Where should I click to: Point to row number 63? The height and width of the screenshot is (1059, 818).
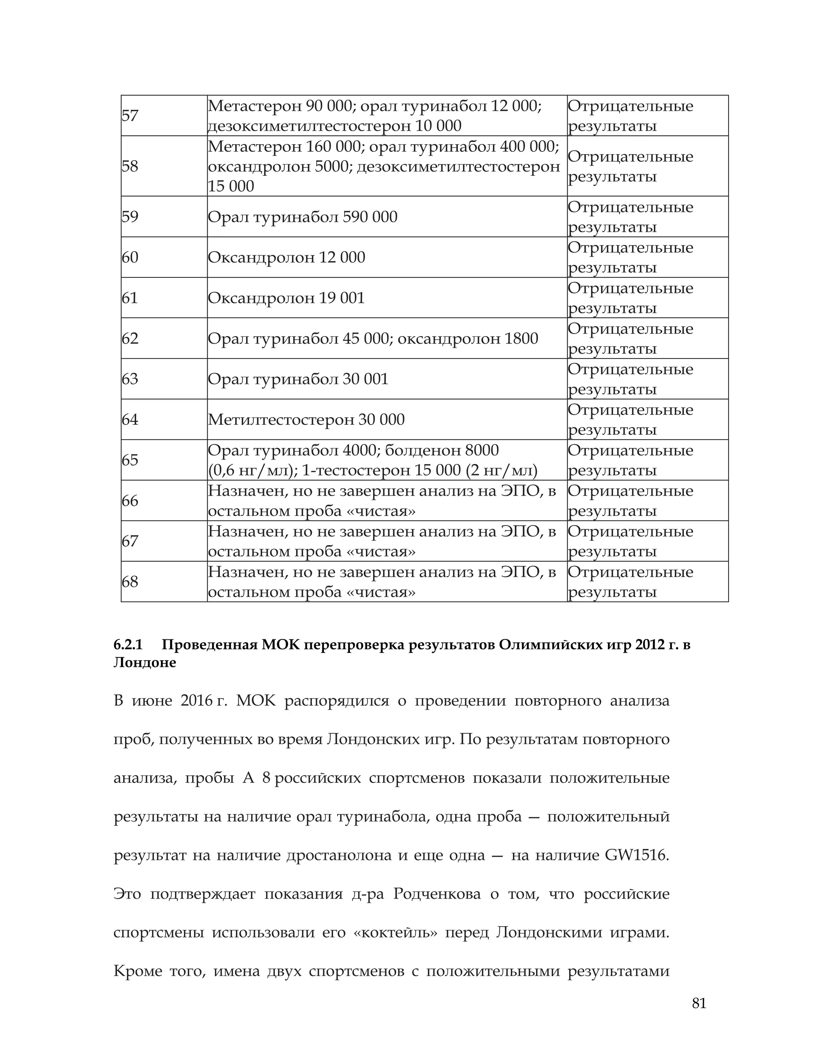click(x=130, y=379)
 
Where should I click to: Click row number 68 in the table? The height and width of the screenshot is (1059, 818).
click(x=130, y=581)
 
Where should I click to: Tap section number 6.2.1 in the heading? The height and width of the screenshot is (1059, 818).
click(x=128, y=645)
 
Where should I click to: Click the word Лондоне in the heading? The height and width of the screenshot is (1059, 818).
click(x=145, y=662)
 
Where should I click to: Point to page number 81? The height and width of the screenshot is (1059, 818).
click(x=699, y=1003)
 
